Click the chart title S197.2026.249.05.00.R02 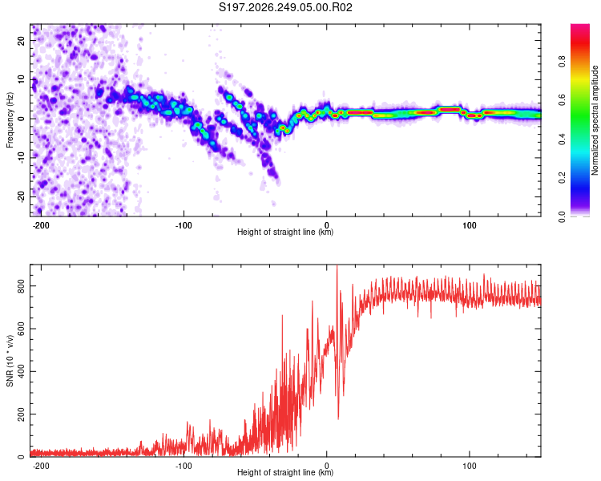point(285,7)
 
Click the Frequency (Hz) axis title point(10,120)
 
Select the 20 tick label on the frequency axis point(21,40)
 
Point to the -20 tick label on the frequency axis point(21,196)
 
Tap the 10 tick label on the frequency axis point(21,79)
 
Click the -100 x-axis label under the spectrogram point(184,225)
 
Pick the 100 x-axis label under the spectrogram point(469,225)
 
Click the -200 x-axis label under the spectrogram point(41,225)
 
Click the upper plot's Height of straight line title point(285,232)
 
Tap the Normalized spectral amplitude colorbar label point(595,120)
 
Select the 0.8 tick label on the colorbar point(562,62)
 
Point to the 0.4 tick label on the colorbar point(562,139)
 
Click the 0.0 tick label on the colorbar point(562,217)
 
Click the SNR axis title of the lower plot point(10,361)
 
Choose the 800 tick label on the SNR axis point(21,286)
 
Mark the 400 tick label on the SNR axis point(21,372)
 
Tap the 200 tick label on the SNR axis point(21,414)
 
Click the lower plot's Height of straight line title point(285,472)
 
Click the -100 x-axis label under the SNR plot point(184,466)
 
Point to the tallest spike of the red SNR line point(337,266)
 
